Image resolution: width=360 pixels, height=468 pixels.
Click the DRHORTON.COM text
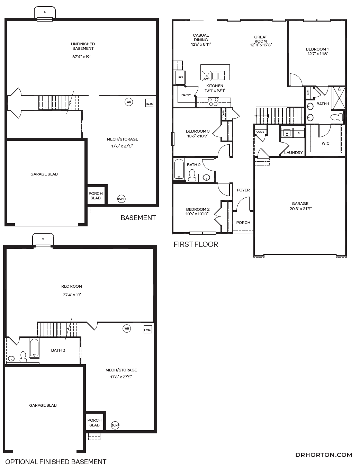pos(324,455)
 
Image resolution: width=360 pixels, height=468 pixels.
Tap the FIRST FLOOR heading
pos(196,244)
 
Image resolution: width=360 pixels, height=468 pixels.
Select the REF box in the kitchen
pos(180,78)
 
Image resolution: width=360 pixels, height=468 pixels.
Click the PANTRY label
pos(186,95)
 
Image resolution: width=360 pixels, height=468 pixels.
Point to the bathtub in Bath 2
pos(179,169)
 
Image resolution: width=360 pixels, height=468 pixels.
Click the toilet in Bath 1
pos(336,117)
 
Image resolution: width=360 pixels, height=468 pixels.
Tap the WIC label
pos(325,143)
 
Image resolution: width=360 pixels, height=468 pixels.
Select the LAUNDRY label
pos(293,153)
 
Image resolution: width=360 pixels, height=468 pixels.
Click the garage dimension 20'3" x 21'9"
pos(300,209)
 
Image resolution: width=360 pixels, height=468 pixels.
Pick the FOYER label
pos(243,190)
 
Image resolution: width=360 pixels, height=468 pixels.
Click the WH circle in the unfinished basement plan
pos(129,102)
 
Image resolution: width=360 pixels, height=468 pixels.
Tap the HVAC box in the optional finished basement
pos(148,330)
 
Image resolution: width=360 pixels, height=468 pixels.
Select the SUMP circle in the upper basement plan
pos(121,199)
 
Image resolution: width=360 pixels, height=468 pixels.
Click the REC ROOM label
pos(72,286)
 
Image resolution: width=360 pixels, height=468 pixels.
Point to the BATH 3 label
pos(58,350)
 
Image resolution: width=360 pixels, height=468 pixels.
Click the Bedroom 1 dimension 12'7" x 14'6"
pos(317,54)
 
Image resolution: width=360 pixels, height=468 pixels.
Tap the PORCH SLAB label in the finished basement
pos(94,423)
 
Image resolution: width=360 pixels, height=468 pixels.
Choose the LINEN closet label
pos(308,93)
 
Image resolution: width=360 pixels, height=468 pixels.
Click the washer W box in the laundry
pos(287,133)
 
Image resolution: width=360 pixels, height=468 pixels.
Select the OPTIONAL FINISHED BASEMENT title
pos(56,462)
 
